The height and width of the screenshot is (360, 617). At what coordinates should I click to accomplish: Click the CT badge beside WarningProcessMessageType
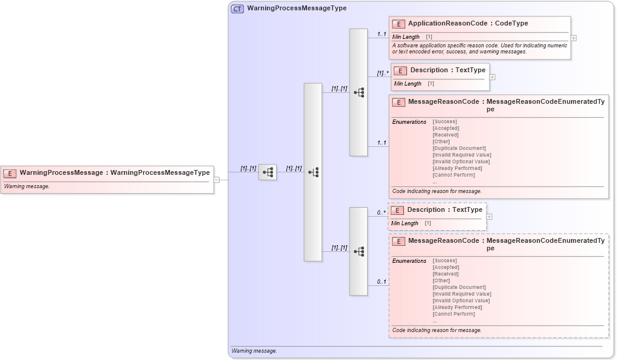point(237,8)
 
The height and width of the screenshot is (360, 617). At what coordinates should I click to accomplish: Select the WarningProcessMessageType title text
point(297,8)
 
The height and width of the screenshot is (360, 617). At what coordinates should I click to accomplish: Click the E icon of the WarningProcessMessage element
point(10,173)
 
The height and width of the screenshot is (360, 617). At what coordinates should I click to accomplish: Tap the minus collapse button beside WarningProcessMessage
point(217,180)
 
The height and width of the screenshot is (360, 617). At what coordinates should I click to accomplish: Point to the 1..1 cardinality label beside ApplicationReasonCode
point(382,34)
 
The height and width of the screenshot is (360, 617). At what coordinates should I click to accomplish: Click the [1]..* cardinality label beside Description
point(382,73)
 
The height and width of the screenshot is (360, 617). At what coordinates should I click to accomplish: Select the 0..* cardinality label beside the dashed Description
point(381,212)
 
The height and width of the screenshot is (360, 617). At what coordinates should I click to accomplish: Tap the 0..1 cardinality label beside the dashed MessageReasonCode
point(381,282)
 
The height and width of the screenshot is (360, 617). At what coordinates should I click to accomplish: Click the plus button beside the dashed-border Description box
point(489,217)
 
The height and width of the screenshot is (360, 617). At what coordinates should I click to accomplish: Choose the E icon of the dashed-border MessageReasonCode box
point(399,242)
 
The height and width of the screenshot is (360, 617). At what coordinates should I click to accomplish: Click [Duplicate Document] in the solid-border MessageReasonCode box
point(459,148)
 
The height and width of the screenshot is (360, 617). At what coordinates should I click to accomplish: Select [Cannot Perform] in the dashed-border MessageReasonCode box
point(453,314)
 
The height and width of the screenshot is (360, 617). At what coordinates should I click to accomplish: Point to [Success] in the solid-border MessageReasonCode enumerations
point(445,121)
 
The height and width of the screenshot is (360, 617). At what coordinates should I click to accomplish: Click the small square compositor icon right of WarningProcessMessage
point(268,172)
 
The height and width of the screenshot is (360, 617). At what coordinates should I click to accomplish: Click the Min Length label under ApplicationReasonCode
point(406,37)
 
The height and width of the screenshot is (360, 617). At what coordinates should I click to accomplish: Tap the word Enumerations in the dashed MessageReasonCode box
point(409,261)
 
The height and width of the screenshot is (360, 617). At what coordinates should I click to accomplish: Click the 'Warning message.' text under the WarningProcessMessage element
point(27,186)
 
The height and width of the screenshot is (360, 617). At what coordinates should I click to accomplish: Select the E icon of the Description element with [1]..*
point(400,70)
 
